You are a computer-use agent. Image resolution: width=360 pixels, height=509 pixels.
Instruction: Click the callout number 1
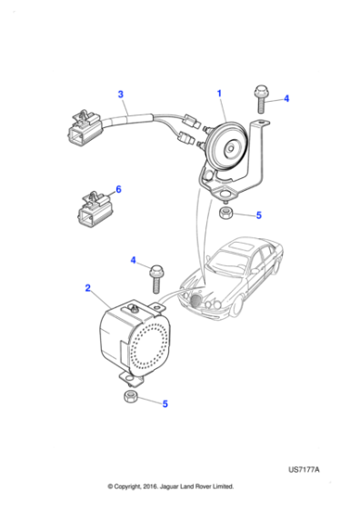coord(218,94)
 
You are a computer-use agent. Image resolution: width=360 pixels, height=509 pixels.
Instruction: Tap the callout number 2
coord(88,288)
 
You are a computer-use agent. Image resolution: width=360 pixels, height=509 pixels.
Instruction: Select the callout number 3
coord(121,94)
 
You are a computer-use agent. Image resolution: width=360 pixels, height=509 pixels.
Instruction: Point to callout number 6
coord(117,190)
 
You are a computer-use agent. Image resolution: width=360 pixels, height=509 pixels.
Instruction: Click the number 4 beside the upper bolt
coord(286,99)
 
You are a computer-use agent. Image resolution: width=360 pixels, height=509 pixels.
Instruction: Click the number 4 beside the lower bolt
coord(133,261)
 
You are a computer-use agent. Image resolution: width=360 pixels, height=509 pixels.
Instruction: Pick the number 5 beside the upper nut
coord(258,215)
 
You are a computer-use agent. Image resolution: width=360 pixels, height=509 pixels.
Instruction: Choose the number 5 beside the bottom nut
coord(164,404)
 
